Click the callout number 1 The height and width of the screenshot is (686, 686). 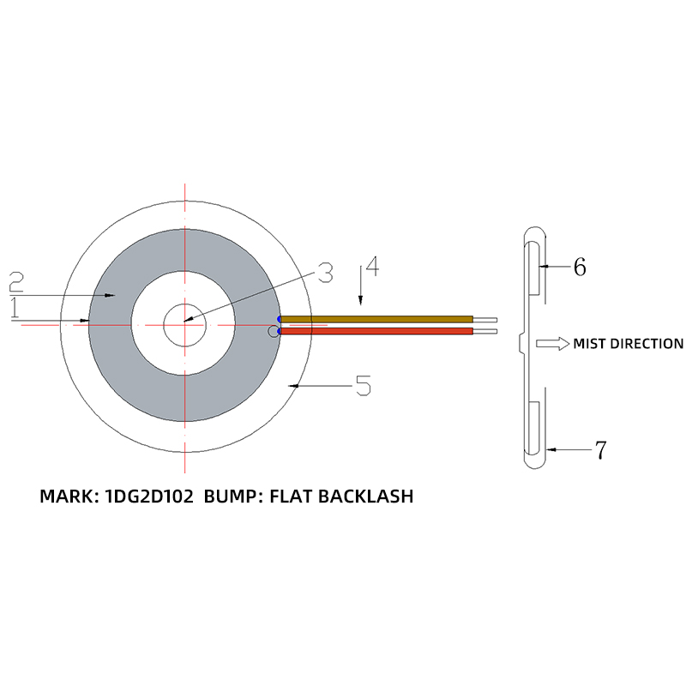coord(15,310)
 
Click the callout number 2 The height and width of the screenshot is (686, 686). coord(17,280)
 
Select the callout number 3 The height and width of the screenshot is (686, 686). coord(324,274)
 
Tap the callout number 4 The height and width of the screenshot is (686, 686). coord(370,266)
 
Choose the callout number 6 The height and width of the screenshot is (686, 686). coord(580,267)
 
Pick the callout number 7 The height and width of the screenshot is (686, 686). coord(600,448)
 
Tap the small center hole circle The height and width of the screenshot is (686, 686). coord(184,324)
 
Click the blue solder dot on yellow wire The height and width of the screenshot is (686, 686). coord(280,319)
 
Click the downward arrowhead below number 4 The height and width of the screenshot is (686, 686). coord(361,301)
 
